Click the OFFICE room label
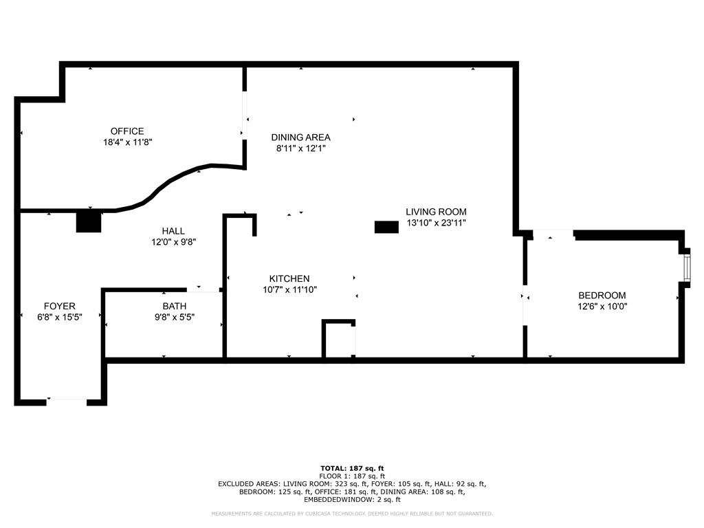point(127,131)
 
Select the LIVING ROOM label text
point(436,212)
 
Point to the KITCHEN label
point(289,278)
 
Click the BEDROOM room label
point(602,296)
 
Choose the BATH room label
point(174,306)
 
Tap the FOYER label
point(60,306)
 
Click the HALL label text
point(173,231)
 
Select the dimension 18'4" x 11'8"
point(127,142)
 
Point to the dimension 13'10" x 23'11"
point(436,223)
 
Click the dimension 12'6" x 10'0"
point(602,307)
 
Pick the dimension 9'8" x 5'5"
point(174,317)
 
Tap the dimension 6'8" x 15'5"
point(60,317)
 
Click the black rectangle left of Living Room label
point(386,227)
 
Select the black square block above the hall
point(89,221)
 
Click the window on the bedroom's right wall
point(686,267)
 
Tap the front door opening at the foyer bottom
point(67,400)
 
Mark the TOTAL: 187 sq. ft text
point(351,468)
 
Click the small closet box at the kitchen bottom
point(338,340)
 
